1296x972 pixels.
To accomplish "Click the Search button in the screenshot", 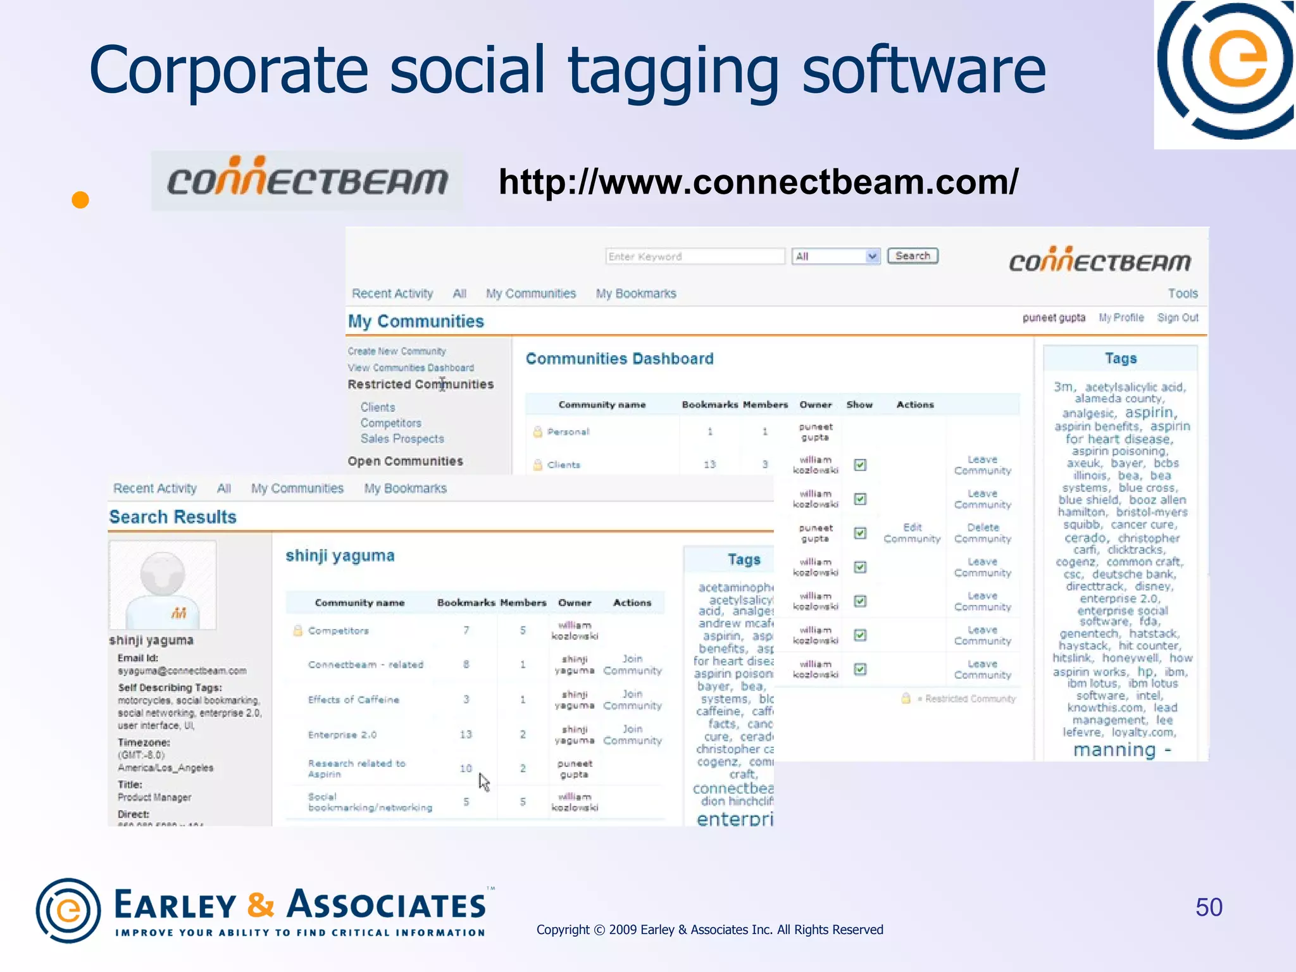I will [x=912, y=256].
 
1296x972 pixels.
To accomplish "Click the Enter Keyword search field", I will [x=694, y=256].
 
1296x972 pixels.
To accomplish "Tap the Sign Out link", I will [x=1177, y=318].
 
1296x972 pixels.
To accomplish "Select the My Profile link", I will [x=1121, y=318].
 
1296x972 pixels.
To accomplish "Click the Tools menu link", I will [x=1182, y=294].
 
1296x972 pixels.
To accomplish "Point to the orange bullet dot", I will [x=80, y=200].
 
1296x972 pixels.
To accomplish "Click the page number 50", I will [x=1209, y=907].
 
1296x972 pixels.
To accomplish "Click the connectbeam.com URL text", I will [x=758, y=182].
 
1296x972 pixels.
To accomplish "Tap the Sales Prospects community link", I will [x=402, y=439].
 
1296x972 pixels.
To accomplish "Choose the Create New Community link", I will [x=397, y=351].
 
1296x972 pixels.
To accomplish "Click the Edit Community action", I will [x=912, y=533].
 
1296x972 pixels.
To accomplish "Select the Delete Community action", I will [x=983, y=533].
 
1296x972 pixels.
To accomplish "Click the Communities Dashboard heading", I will [x=620, y=359].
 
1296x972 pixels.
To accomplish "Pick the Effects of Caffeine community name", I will [x=354, y=699].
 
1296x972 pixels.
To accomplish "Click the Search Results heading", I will [x=173, y=517].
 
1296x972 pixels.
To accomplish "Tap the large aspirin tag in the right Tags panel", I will [x=1150, y=413].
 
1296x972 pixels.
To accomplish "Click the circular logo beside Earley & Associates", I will [x=68, y=910].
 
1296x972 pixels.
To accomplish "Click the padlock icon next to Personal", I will [x=537, y=432].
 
